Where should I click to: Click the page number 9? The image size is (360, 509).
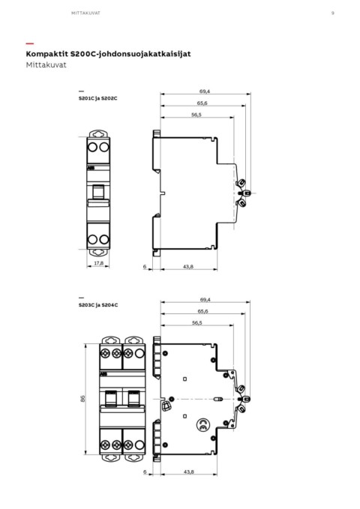pyautogui.click(x=333, y=13)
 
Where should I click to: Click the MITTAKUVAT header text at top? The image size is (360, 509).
pyautogui.click(x=85, y=13)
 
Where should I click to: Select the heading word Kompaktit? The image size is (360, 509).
pyautogui.click(x=47, y=54)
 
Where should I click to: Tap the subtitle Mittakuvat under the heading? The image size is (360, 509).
pyautogui.click(x=46, y=64)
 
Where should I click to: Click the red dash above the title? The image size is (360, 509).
pyautogui.click(x=29, y=43)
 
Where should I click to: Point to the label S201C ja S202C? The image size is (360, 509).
pyautogui.click(x=97, y=98)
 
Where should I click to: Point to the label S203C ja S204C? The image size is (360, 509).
pyautogui.click(x=98, y=305)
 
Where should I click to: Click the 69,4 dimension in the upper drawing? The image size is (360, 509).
pyautogui.click(x=205, y=91)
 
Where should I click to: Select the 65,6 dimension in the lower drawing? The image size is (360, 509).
pyautogui.click(x=202, y=311)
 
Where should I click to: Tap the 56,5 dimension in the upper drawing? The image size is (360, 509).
pyautogui.click(x=196, y=115)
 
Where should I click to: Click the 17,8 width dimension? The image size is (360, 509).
pyautogui.click(x=98, y=263)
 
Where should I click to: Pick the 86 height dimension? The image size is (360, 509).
pyautogui.click(x=82, y=399)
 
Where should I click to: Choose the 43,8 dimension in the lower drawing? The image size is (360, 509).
pyautogui.click(x=189, y=472)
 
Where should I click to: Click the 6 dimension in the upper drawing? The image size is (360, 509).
pyautogui.click(x=145, y=267)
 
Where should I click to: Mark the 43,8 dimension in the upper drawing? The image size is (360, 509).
pyautogui.click(x=188, y=267)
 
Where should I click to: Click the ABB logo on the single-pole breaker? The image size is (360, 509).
pyautogui.click(x=90, y=168)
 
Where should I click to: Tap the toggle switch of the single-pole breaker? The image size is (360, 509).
pyautogui.click(x=98, y=191)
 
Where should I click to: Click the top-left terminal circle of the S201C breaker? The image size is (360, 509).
pyautogui.click(x=92, y=148)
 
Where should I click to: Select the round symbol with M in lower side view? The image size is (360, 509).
pyautogui.click(x=202, y=425)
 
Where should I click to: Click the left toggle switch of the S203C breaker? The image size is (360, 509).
pyautogui.click(x=110, y=399)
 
